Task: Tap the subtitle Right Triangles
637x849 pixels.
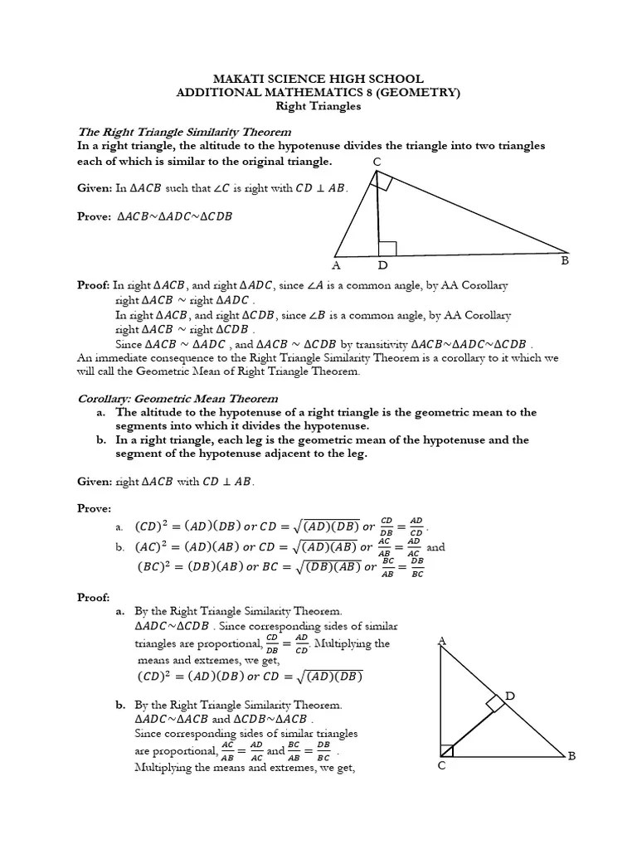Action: pyautogui.click(x=318, y=106)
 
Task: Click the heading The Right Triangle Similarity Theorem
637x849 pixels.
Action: pyautogui.click(x=184, y=132)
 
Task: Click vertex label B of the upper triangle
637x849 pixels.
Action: pyautogui.click(x=565, y=261)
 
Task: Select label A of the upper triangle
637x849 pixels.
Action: pyautogui.click(x=336, y=266)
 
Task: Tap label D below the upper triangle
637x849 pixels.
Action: pyautogui.click(x=382, y=266)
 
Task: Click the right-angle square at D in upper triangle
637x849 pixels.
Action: pyautogui.click(x=387, y=248)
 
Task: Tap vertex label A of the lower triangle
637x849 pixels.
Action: pyautogui.click(x=441, y=641)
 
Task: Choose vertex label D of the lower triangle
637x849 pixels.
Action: pyautogui.click(x=510, y=696)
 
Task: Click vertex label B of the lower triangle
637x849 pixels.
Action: pyautogui.click(x=571, y=755)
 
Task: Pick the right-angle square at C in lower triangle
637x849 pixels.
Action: pyautogui.click(x=448, y=750)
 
